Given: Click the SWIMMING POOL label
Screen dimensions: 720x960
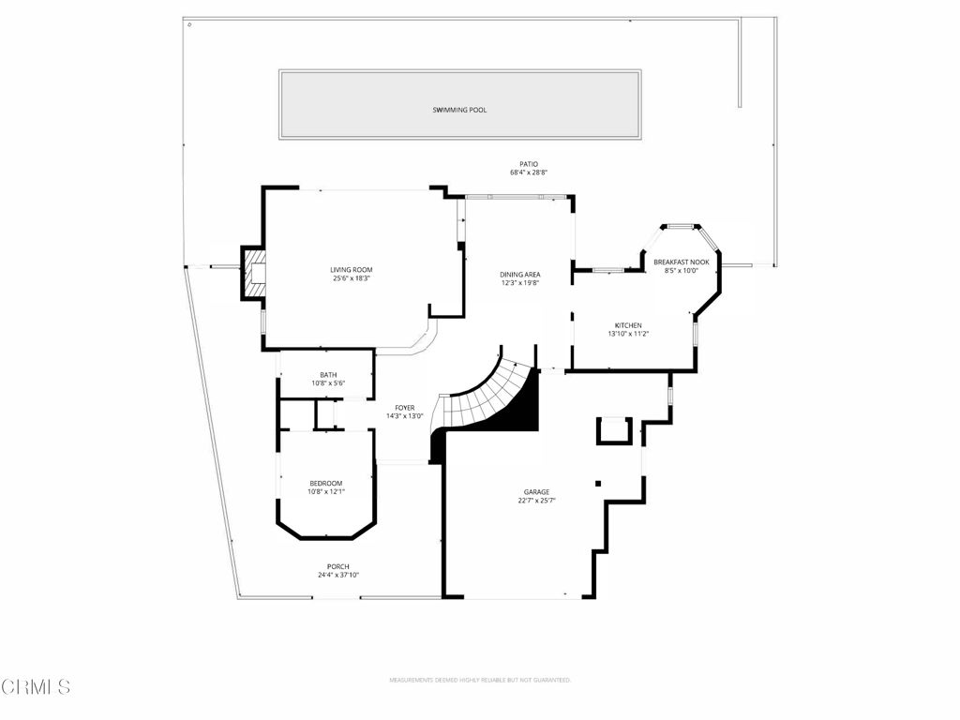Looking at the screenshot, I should pos(459,111).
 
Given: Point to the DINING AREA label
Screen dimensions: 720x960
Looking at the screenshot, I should pos(519,274).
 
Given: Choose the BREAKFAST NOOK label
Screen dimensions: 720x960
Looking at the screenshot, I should pos(682,262).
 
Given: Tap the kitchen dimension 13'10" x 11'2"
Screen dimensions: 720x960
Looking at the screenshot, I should pos(628,334).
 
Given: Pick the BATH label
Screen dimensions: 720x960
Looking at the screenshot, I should pos(328,375).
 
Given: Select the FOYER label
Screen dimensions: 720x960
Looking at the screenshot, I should pos(404,408).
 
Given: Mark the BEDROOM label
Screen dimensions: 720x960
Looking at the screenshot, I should pos(327,484).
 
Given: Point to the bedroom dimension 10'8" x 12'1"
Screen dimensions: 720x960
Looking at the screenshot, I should pos(327,492).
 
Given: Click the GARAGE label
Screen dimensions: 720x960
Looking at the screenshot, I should pos(536,492).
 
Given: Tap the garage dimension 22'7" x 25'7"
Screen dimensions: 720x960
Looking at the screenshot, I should pos(536,501).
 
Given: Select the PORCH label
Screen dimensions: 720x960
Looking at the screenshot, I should pos(337,566).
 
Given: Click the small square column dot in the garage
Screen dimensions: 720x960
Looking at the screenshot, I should pos(597,484).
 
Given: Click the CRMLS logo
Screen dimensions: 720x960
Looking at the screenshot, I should pos(36,687).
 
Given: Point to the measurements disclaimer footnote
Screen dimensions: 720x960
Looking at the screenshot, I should pos(480,680).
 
